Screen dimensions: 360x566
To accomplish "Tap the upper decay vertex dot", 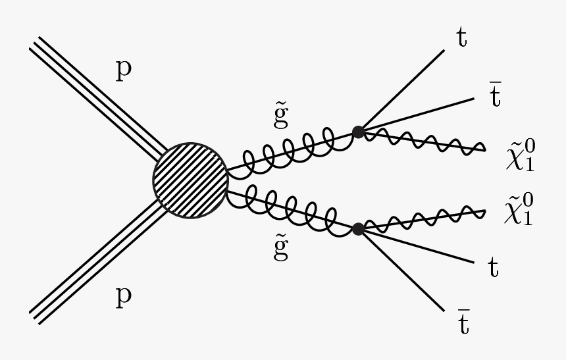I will pyautogui.click(x=358, y=132).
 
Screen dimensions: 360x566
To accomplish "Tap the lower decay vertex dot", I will pyautogui.click(x=358, y=229).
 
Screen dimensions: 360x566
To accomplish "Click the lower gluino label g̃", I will pyautogui.click(x=281, y=249).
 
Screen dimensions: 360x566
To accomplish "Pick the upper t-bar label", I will pyautogui.click(x=495, y=96).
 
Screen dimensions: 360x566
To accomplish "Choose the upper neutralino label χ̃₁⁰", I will pyautogui.click(x=519, y=155).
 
